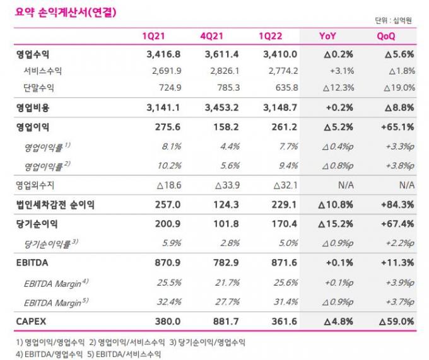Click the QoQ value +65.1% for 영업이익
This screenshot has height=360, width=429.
(x=397, y=127)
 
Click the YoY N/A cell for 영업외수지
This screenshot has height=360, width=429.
(x=346, y=185)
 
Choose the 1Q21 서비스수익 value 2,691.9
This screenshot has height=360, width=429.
(x=166, y=71)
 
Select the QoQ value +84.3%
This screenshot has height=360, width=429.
(x=397, y=204)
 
